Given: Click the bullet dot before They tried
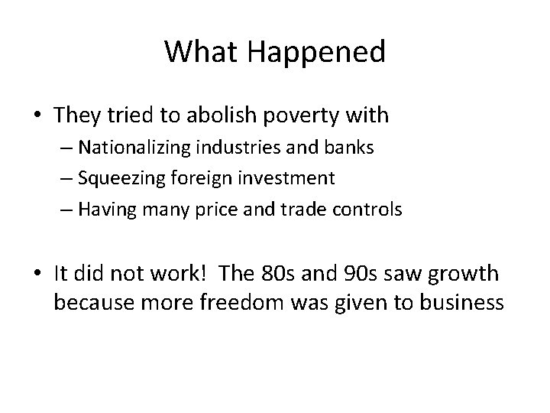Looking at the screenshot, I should (37, 116).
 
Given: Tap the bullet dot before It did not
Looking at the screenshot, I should (37, 275).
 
